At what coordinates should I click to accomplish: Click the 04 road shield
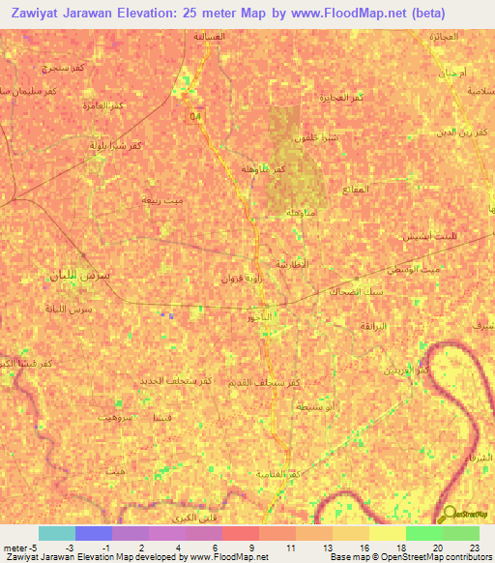(x=197, y=117)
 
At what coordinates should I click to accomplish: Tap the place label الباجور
(x=263, y=317)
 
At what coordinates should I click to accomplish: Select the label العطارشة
(x=291, y=264)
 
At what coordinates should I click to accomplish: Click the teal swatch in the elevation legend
(x=57, y=533)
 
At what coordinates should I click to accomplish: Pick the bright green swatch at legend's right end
(x=460, y=533)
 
